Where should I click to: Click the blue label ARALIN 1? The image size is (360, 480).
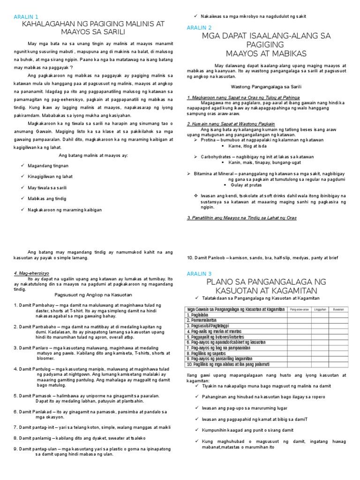pyautogui.click(x=26, y=17)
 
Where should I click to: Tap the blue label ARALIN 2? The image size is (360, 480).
pyautogui.click(x=199, y=28)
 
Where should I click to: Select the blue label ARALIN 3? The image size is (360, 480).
pyautogui.click(x=199, y=273)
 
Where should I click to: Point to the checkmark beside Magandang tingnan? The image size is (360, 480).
pyautogui.click(x=23, y=165)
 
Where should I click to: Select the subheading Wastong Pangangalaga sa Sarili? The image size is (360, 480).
pyautogui.click(x=266, y=86)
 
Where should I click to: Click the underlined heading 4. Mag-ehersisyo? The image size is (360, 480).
pyautogui.click(x=32, y=273)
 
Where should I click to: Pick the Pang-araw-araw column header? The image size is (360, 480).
pyautogui.click(x=299, y=309)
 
